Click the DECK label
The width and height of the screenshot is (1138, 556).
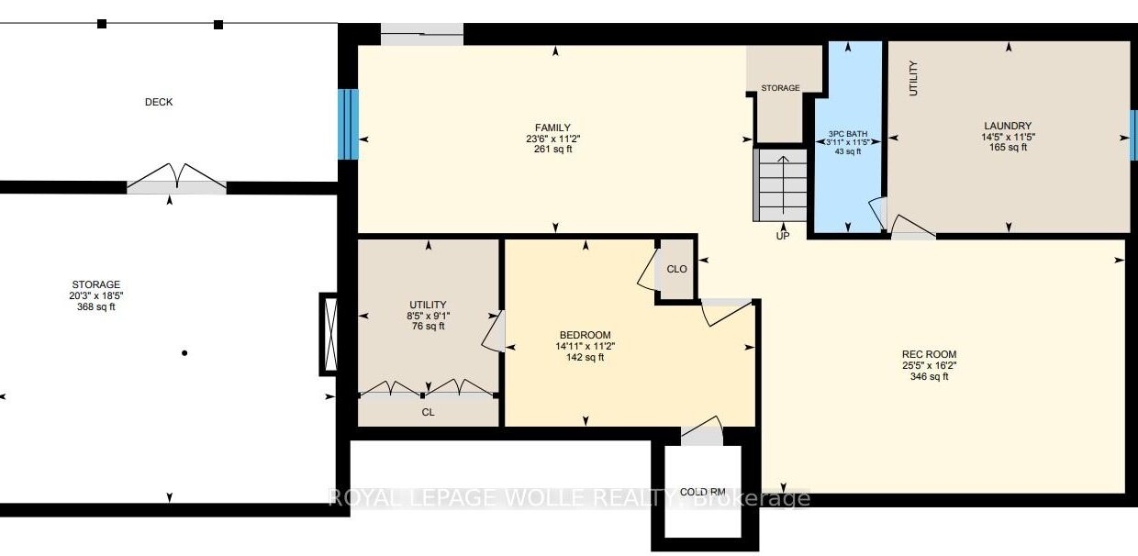tap(159, 102)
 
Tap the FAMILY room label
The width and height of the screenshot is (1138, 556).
tap(552, 128)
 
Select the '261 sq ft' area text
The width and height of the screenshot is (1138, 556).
tap(552, 150)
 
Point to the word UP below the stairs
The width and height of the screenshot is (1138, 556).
tap(782, 236)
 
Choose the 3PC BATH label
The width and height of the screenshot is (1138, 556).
tap(847, 134)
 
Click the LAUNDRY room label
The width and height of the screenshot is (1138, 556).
tap(1008, 126)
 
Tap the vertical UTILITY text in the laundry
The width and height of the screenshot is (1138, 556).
tap(913, 78)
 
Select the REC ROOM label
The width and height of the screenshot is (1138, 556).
tap(929, 354)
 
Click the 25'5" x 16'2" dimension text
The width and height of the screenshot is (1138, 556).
tap(929, 365)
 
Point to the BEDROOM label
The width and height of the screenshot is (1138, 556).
tap(585, 335)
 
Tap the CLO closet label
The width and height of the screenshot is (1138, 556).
tap(676, 269)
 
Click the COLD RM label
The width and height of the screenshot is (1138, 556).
tap(703, 492)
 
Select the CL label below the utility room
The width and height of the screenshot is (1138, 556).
tap(428, 412)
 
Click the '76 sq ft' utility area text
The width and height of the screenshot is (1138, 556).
tap(428, 326)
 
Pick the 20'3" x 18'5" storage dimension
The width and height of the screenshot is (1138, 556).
tap(96, 295)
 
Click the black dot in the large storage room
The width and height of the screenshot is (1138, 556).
tap(184, 353)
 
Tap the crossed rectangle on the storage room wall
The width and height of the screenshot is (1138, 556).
tap(329, 334)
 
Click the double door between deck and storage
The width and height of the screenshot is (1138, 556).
tap(176, 179)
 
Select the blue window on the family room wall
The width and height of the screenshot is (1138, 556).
tap(348, 125)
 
